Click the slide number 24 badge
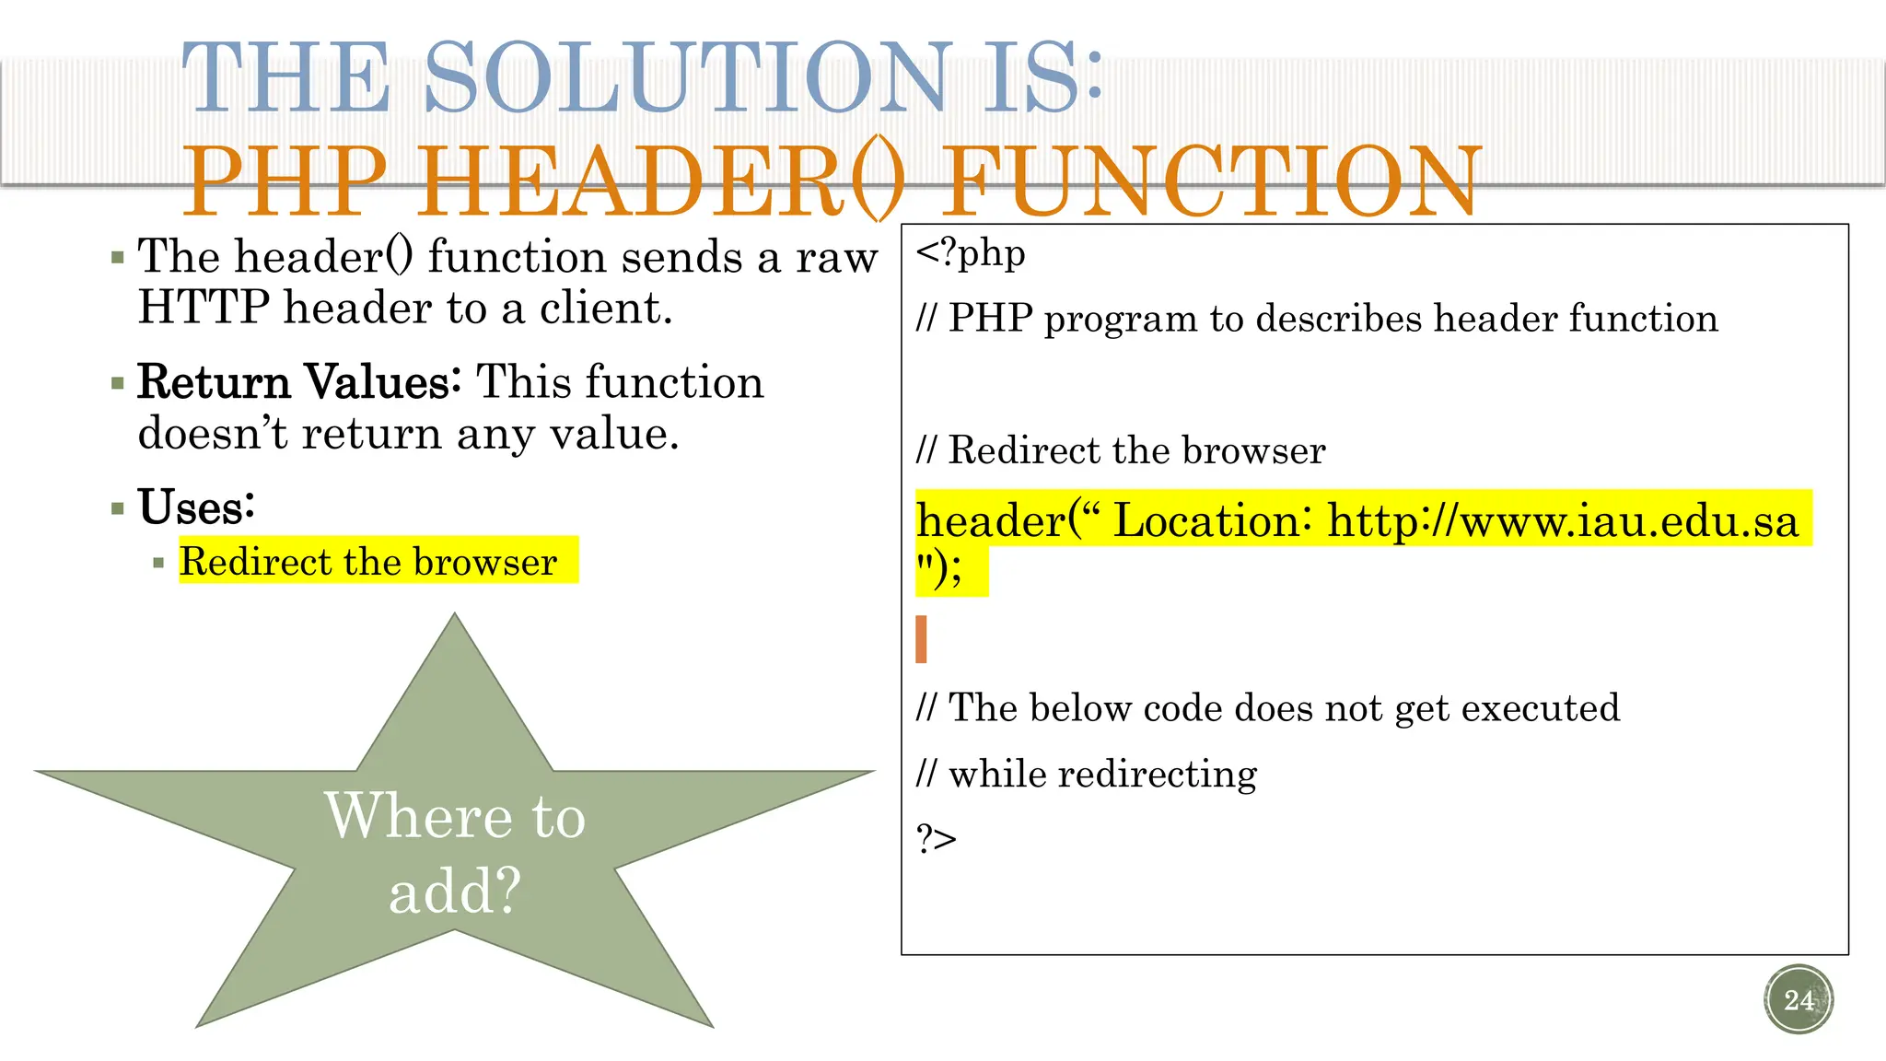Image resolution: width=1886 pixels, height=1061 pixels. (1799, 999)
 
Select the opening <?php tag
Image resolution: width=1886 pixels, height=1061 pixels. (970, 253)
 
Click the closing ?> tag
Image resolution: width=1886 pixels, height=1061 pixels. (936, 839)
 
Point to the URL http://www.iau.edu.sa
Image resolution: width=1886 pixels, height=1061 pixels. (1562, 521)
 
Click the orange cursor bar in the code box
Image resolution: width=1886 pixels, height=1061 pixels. (921, 639)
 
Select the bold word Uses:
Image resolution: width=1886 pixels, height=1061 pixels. (196, 507)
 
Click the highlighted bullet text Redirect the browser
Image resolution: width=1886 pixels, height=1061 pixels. (368, 561)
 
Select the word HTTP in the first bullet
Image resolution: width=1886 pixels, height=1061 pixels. (204, 308)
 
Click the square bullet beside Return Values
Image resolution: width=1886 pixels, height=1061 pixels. (117, 383)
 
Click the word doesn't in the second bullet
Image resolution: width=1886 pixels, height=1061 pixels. (213, 433)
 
